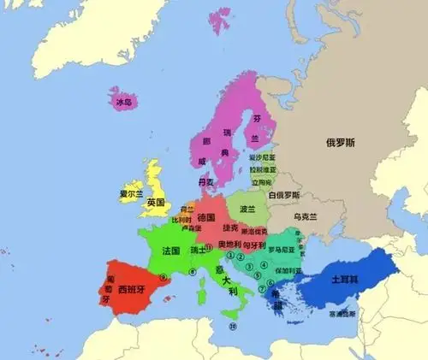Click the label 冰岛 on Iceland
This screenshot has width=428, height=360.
[124, 103]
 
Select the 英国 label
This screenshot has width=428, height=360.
[155, 203]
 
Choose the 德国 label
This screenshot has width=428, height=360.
[206, 218]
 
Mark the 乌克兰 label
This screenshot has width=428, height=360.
[306, 217]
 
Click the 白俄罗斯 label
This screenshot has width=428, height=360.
[282, 195]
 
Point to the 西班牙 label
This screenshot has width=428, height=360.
[134, 288]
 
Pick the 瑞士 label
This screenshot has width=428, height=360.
[199, 251]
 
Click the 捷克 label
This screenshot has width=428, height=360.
[229, 229]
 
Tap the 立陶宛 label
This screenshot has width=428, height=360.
[261, 182]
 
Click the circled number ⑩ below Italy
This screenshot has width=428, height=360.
[232, 326]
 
